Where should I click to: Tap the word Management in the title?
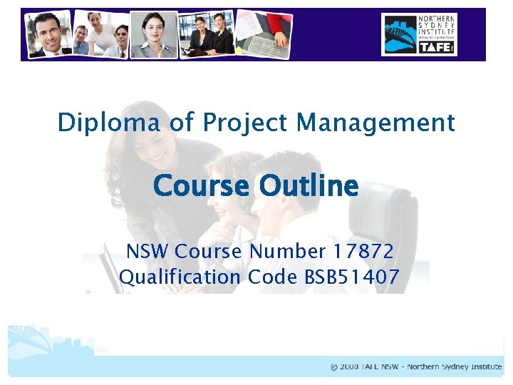pos(376,123)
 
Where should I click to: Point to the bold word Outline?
pos(309,186)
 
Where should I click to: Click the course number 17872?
pos(363,252)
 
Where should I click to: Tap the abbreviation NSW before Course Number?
pos(147,252)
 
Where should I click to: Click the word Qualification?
pos(180,277)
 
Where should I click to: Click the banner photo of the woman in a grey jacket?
pos(154,34)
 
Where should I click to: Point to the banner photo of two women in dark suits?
pos(209,34)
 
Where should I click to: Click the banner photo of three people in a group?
pos(100,34)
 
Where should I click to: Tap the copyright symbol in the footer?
pos(334,367)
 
